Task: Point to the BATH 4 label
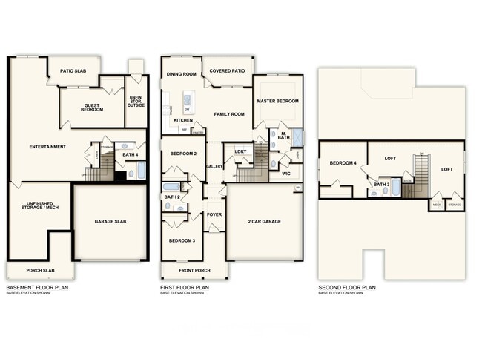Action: (x=131, y=155)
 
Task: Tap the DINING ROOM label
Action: (x=181, y=74)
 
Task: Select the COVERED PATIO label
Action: (x=226, y=72)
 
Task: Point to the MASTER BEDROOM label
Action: (x=277, y=100)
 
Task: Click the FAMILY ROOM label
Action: (x=229, y=114)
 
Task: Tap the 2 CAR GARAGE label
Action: (x=264, y=222)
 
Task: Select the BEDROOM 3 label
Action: (x=182, y=241)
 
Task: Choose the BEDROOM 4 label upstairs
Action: (x=343, y=162)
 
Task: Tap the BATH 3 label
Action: (x=382, y=184)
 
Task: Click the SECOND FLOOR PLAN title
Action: (x=347, y=287)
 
